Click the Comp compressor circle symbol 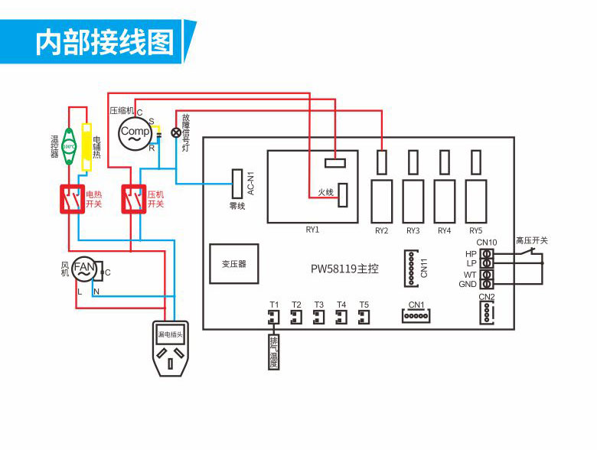click(135, 132)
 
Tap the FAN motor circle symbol click(85, 269)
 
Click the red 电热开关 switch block click(72, 201)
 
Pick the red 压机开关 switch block click(134, 201)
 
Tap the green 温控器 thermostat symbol click(68, 145)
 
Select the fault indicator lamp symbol click(176, 132)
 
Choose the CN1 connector click(416, 315)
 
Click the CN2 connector click(486, 311)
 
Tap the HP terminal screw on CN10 click(486, 253)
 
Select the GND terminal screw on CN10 click(486, 284)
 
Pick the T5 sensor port click(364, 316)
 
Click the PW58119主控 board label click(344, 269)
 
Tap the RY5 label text click(475, 230)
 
